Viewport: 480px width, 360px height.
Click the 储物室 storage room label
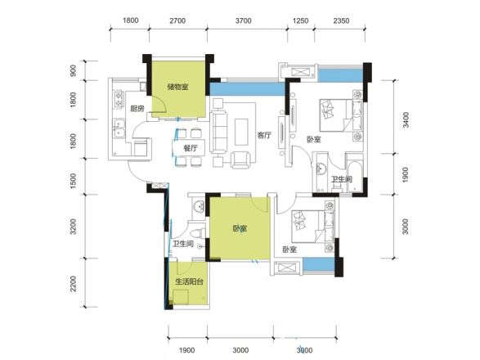tap(178, 87)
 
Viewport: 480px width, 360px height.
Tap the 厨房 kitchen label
tap(137, 109)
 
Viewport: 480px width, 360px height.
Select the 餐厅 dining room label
tap(191, 148)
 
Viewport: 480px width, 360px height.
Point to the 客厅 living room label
tap(264, 135)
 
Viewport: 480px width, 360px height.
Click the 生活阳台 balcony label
tap(189, 281)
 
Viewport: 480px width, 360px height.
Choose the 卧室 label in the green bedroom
tap(240, 228)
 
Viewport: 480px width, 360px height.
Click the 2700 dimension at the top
tap(177, 20)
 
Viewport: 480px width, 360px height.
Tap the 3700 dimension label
tap(244, 20)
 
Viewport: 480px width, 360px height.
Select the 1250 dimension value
tap(301, 20)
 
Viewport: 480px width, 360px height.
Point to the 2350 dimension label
tap(341, 20)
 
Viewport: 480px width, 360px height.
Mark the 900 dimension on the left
tap(73, 71)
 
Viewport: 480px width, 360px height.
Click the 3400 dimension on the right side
tap(406, 119)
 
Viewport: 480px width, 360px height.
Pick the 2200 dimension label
tap(73, 283)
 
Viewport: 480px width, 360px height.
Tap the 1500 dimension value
tap(73, 181)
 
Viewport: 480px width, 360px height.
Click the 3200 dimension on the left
tap(73, 227)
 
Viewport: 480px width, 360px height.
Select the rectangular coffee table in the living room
tap(241, 132)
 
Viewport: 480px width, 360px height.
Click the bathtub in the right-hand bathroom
tap(355, 172)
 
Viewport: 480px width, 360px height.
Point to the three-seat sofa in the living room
tap(218, 132)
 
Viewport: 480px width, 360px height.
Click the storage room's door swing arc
tap(162, 105)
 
